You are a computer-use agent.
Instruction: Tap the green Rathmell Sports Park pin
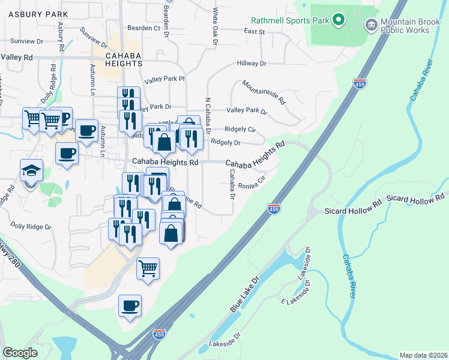[338, 20]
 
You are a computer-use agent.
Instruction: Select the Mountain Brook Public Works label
[405, 26]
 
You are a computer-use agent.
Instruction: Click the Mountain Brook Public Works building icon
[371, 24]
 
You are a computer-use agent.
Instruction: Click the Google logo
[20, 353]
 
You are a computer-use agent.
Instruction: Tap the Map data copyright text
[423, 355]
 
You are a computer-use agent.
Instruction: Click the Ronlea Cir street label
[252, 182]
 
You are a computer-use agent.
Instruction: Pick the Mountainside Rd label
[264, 93]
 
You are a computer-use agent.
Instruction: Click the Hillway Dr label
[252, 63]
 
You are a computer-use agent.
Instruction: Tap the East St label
[255, 31]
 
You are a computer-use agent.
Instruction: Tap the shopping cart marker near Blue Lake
[148, 269]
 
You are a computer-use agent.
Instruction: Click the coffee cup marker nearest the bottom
[130, 306]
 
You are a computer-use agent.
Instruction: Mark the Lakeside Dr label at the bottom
[224, 344]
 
